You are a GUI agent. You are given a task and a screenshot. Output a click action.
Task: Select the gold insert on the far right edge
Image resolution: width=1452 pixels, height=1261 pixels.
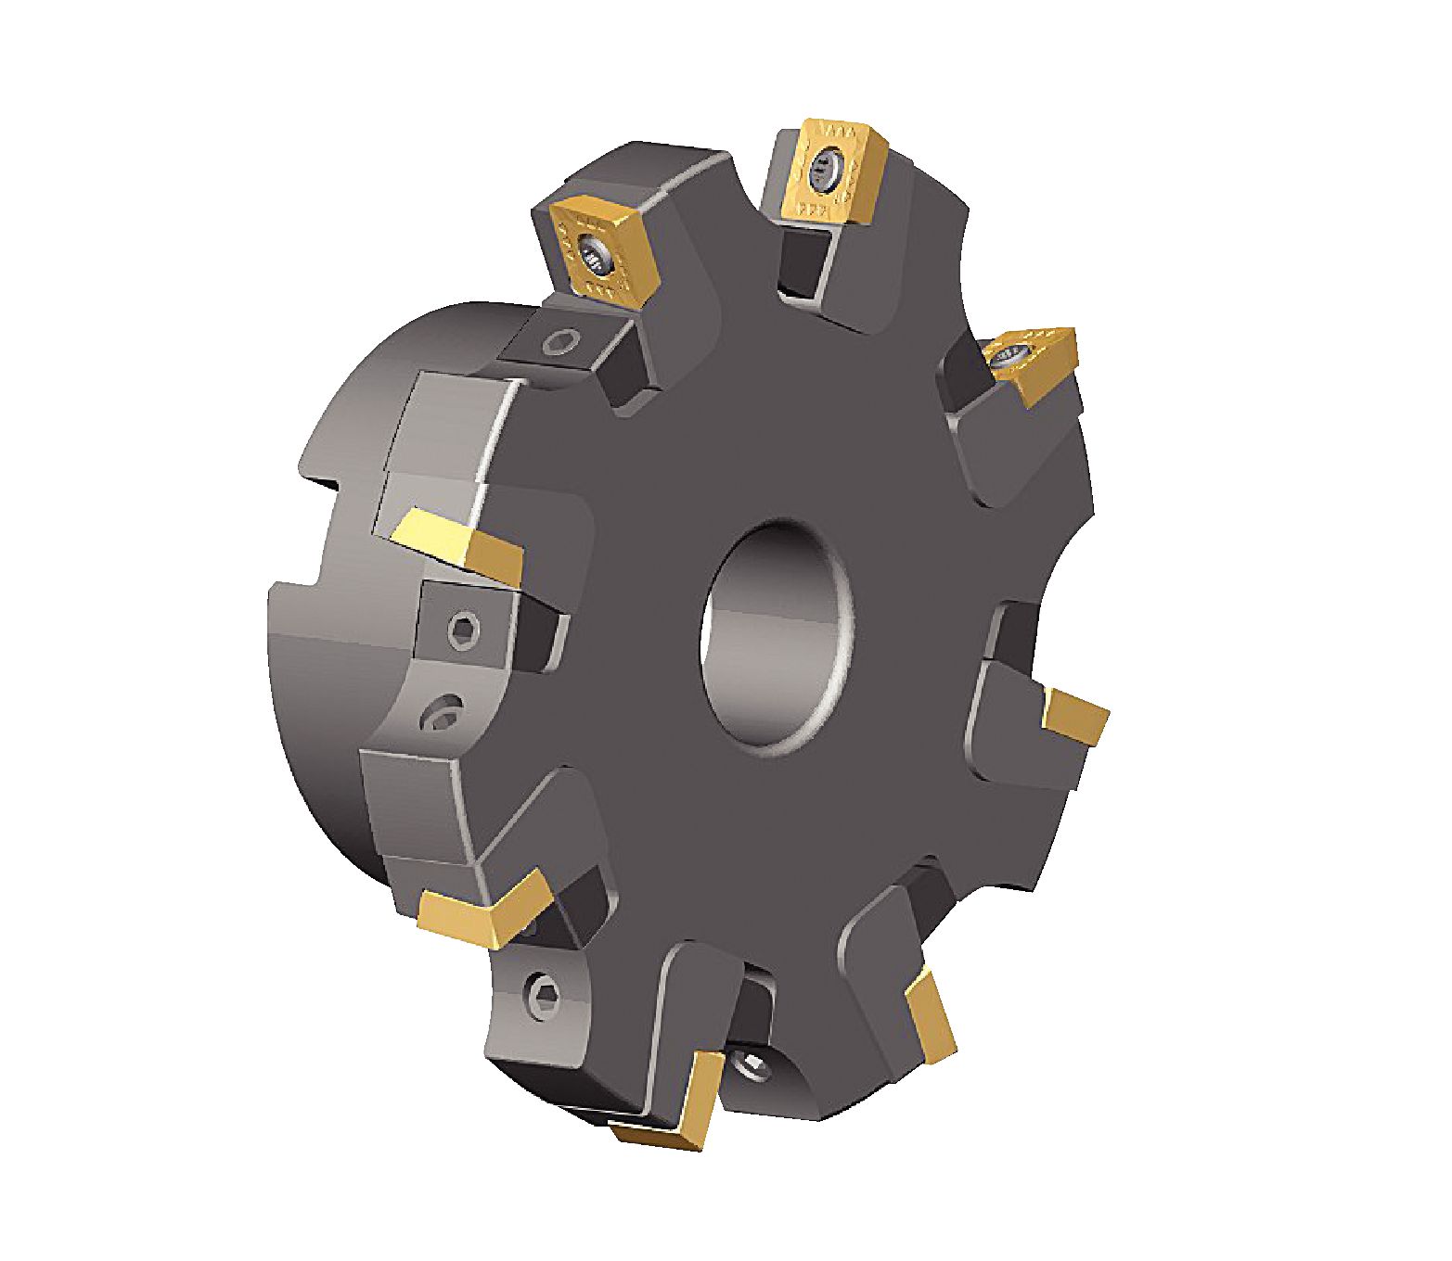(1076, 715)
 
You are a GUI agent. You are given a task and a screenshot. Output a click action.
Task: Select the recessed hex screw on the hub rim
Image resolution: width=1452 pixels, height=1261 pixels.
(443, 716)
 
